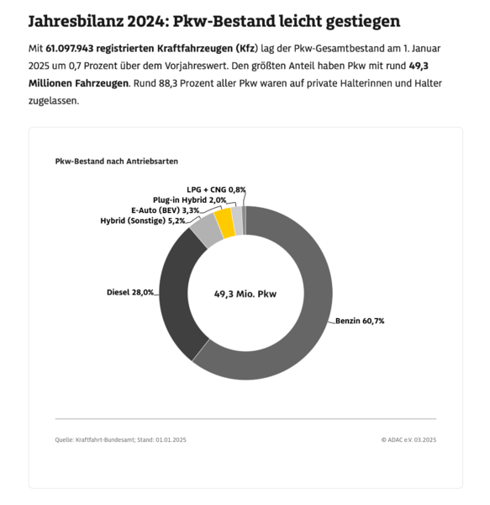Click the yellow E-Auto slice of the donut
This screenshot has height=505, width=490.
(x=224, y=223)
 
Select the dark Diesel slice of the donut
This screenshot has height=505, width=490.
(x=179, y=290)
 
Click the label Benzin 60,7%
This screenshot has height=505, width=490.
(x=361, y=322)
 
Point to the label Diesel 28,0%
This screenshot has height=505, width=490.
(x=130, y=292)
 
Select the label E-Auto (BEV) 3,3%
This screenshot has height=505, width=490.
(x=166, y=210)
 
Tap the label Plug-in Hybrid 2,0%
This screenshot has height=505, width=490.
(x=183, y=199)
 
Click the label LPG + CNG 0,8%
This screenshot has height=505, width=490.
(x=216, y=189)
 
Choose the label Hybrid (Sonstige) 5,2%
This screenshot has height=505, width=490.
(x=143, y=220)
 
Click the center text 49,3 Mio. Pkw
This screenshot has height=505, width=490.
(x=245, y=295)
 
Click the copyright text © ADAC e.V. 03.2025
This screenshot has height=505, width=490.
(x=408, y=439)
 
